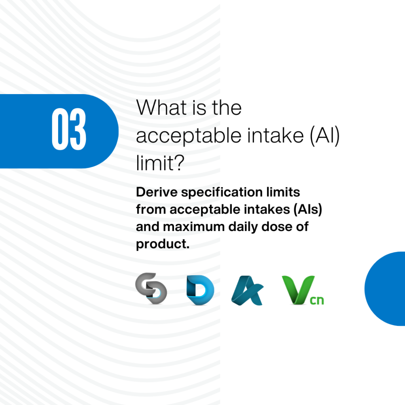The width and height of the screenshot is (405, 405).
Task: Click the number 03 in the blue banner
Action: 69,129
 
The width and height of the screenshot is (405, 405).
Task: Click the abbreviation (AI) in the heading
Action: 324,136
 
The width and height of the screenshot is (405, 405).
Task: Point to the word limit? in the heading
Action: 160,163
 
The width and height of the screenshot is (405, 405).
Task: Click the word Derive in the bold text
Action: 157,192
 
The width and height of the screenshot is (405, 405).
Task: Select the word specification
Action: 222,193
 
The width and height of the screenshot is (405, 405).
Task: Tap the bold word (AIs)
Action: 308,210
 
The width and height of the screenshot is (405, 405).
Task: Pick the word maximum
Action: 194,227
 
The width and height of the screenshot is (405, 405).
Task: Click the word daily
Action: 243,227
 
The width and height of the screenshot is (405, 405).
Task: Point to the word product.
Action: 163,244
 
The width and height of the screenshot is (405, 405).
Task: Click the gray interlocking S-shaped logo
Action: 151,288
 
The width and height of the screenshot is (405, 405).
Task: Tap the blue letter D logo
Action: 200,290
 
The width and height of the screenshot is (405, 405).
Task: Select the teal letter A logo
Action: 247,290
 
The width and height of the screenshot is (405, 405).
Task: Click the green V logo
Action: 298,290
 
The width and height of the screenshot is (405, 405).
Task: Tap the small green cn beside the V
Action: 317,301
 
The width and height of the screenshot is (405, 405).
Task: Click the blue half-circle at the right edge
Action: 385,288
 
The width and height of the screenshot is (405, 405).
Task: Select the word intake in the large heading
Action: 275,135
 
